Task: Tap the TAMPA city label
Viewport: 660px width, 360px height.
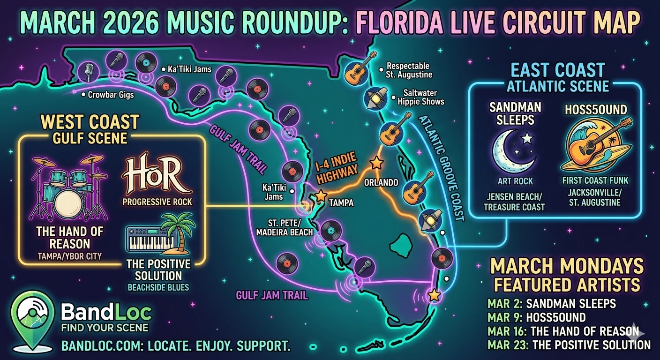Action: pyautogui.click(x=341, y=202)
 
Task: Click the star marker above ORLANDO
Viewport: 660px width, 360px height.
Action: pyautogui.click(x=376, y=163)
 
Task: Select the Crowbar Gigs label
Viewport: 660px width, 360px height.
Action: pyautogui.click(x=111, y=95)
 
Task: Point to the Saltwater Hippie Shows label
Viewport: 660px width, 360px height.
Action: pyautogui.click(x=420, y=97)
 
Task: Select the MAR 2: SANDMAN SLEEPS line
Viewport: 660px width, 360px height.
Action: pyautogui.click(x=551, y=303)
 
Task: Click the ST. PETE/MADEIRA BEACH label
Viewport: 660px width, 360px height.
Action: pyautogui.click(x=285, y=227)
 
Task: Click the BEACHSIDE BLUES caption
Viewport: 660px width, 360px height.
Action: pyautogui.click(x=158, y=287)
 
